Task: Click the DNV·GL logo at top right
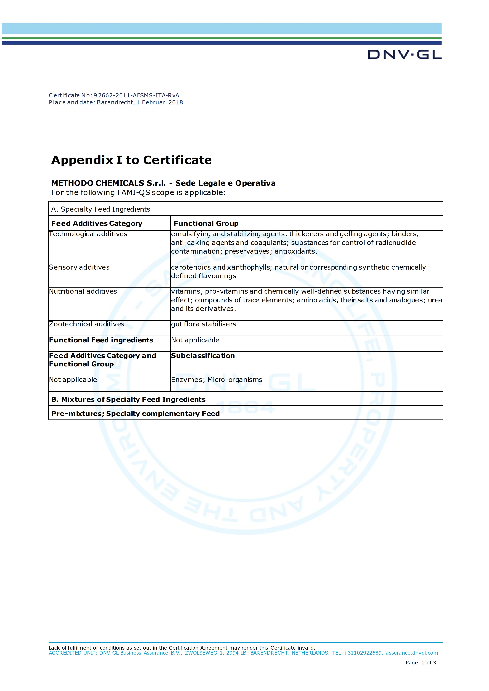click(x=404, y=55)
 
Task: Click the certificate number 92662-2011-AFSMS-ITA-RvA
click(x=136, y=95)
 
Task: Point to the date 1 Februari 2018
click(x=160, y=102)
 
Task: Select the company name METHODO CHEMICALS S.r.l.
click(x=108, y=183)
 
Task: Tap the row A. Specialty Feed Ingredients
click(x=101, y=209)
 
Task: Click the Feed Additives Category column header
click(x=97, y=223)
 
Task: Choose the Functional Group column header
click(x=206, y=223)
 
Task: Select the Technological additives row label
click(x=88, y=234)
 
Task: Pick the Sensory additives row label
click(x=79, y=267)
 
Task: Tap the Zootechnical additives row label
click(x=86, y=324)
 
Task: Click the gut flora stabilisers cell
click(x=204, y=324)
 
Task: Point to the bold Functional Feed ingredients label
click(x=101, y=340)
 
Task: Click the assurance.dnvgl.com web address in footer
click(x=412, y=653)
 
